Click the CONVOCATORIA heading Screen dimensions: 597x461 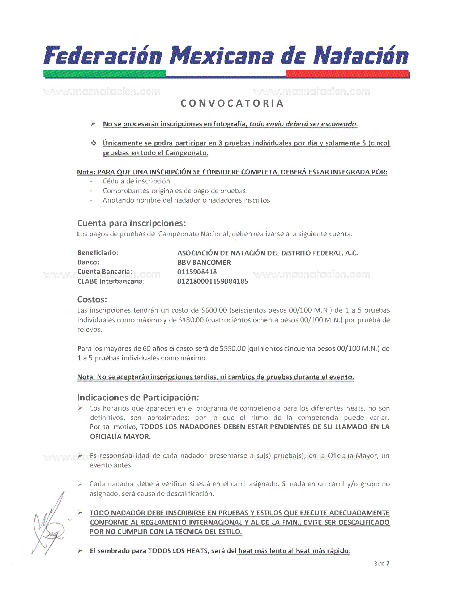[232, 103]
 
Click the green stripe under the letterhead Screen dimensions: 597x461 [105, 73]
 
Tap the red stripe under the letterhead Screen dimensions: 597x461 [347, 73]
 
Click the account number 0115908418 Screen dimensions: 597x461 [197, 272]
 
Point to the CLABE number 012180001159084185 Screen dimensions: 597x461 [213, 281]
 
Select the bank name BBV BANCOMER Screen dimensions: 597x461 [204, 262]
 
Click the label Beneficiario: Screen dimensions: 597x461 [98, 253]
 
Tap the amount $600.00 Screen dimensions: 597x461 [214, 310]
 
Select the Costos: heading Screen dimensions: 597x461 [92, 300]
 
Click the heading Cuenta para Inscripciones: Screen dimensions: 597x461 [132, 223]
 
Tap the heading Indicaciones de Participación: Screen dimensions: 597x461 [138, 398]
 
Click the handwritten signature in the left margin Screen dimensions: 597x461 [49, 525]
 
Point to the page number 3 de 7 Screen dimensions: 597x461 [382, 563]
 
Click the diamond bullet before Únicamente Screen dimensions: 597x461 [94, 143]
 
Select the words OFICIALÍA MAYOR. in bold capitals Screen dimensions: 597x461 [120, 436]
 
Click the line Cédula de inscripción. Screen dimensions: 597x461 [137, 181]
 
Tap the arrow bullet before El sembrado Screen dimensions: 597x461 [80, 551]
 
